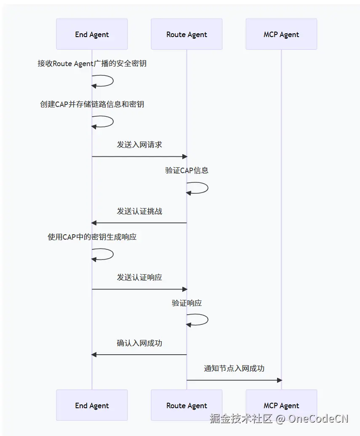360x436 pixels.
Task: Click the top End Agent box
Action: point(92,34)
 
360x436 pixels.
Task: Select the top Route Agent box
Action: point(187,34)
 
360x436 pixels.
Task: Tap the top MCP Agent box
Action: point(281,34)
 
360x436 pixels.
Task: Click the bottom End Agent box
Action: point(92,405)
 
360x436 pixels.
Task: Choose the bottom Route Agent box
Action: point(187,405)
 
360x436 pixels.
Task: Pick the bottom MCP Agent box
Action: point(281,405)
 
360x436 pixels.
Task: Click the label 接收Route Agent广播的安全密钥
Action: point(92,64)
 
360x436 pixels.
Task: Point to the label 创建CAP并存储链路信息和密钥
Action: point(92,104)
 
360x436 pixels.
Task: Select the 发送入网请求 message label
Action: point(139,144)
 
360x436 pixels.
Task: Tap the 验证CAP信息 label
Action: point(187,171)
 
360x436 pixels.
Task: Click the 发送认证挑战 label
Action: point(139,211)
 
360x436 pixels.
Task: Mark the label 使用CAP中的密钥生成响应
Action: point(92,237)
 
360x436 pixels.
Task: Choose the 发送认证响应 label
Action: point(139,277)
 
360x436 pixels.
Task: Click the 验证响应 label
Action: point(187,303)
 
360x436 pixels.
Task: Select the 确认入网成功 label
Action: point(139,343)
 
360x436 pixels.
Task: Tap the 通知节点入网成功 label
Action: point(234,369)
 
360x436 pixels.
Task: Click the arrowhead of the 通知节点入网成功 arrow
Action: point(279,380)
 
